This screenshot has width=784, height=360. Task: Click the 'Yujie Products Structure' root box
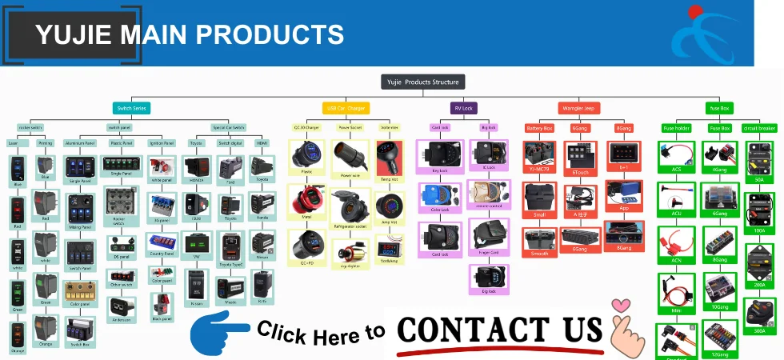[x=422, y=82]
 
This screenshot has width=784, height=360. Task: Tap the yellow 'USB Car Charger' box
[x=346, y=108]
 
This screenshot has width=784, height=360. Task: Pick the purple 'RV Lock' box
[x=464, y=108]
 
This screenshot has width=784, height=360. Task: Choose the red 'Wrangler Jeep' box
[x=578, y=108]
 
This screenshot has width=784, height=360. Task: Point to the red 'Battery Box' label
[x=538, y=128]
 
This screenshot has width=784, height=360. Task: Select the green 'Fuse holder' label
[x=676, y=128]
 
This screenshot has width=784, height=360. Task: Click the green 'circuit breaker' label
[x=759, y=128]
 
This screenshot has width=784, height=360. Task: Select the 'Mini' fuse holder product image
[x=676, y=289]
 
